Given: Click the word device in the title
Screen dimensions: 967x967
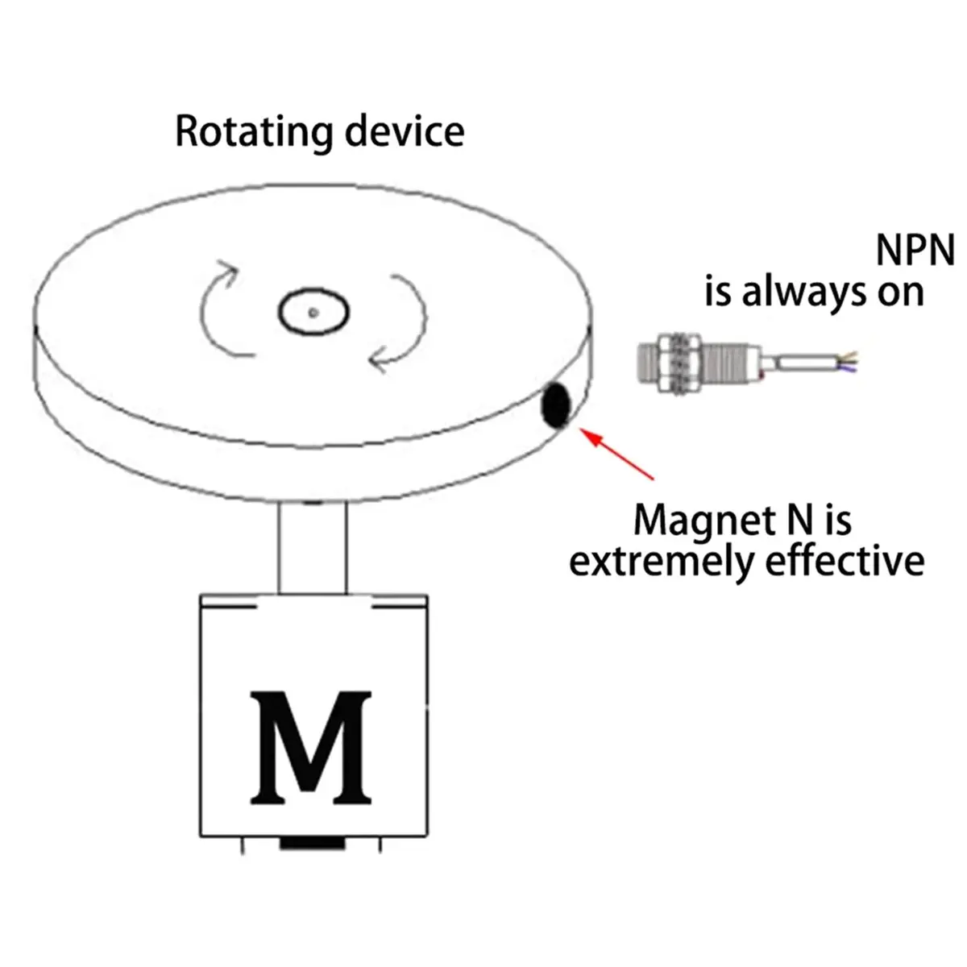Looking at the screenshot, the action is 405,131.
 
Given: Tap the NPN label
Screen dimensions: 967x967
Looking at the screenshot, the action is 915,251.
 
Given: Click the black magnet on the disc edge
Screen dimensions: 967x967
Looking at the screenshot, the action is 556,405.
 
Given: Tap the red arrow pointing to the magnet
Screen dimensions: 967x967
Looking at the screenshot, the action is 616,454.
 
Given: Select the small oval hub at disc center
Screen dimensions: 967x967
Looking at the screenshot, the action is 313,311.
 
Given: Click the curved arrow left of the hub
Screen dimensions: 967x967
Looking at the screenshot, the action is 219,307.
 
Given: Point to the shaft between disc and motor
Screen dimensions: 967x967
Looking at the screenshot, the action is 312,548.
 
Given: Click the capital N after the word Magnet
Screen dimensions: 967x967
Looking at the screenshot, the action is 799,520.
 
